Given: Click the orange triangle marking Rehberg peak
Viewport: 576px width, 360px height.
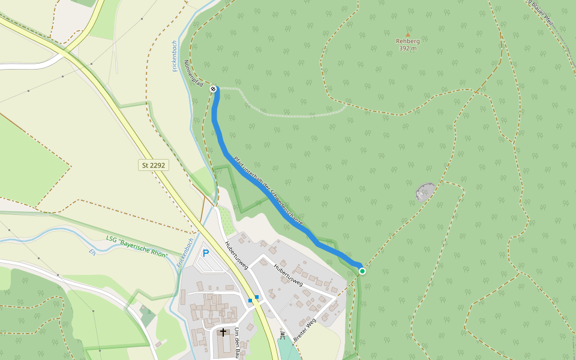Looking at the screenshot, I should pos(408,35).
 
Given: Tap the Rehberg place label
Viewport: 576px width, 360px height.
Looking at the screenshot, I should pos(408,41).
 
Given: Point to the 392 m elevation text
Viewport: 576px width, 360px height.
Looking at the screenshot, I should pos(408,49).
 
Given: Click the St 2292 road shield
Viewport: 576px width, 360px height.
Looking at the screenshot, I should pos(154,164).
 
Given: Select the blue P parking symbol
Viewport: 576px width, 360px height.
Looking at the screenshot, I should pos(206,253).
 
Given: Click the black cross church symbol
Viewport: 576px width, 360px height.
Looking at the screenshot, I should pos(223,332).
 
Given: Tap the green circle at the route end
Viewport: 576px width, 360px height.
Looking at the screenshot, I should pos(362,271).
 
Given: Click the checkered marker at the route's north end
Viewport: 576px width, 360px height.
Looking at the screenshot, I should pos(213,89).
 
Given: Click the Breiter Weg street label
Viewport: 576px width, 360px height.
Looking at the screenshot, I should pos(305,331).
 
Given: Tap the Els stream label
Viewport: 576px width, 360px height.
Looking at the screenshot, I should pos(92,252).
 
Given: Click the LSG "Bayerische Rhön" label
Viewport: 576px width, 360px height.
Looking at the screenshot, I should pos(137,247).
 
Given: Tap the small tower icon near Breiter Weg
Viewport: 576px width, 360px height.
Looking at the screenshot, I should pos(282,336).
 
